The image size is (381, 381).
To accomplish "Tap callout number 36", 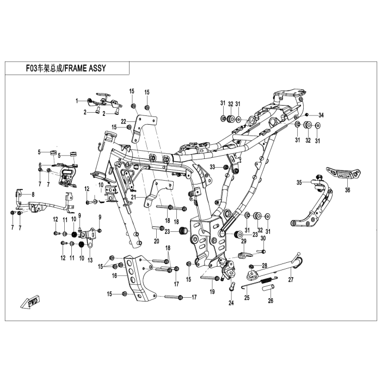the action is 347,190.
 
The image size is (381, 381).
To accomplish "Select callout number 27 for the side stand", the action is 291,280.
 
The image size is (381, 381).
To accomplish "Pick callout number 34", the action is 321,115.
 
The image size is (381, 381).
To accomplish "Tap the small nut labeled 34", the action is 307,114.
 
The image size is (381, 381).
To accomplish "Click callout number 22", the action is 124,121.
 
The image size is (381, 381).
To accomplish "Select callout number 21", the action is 140,197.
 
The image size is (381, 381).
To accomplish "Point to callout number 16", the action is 114,275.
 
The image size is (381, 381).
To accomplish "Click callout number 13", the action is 90,260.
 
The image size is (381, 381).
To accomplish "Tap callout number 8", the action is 33,194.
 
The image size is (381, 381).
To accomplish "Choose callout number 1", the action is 77,101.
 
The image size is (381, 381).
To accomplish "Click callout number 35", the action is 299,182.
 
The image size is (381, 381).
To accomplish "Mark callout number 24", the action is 231,303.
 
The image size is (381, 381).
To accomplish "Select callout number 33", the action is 212,167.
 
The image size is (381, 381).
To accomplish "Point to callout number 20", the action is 157,241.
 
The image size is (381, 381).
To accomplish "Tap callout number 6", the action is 40,164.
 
